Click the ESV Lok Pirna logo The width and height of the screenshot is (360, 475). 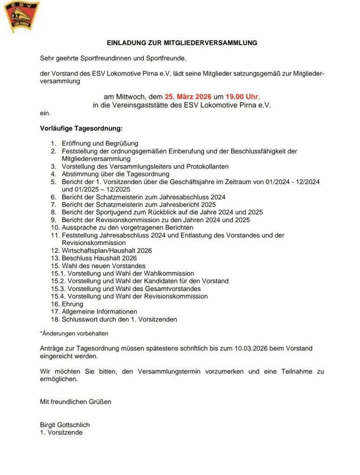21,17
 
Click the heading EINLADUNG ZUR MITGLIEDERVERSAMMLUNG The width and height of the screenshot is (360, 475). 182,43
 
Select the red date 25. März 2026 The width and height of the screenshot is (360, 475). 188,97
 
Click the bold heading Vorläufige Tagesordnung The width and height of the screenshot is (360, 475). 81,128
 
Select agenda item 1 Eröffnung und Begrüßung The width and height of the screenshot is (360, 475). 100,144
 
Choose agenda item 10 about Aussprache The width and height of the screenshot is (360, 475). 128,227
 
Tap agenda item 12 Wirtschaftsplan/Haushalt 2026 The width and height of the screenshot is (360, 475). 107,250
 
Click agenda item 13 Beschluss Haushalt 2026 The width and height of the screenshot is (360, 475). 99,258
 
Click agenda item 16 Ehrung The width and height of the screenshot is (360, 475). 72,304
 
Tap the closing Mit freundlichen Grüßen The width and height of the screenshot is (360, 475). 76,402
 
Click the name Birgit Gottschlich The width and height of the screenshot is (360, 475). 65,425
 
